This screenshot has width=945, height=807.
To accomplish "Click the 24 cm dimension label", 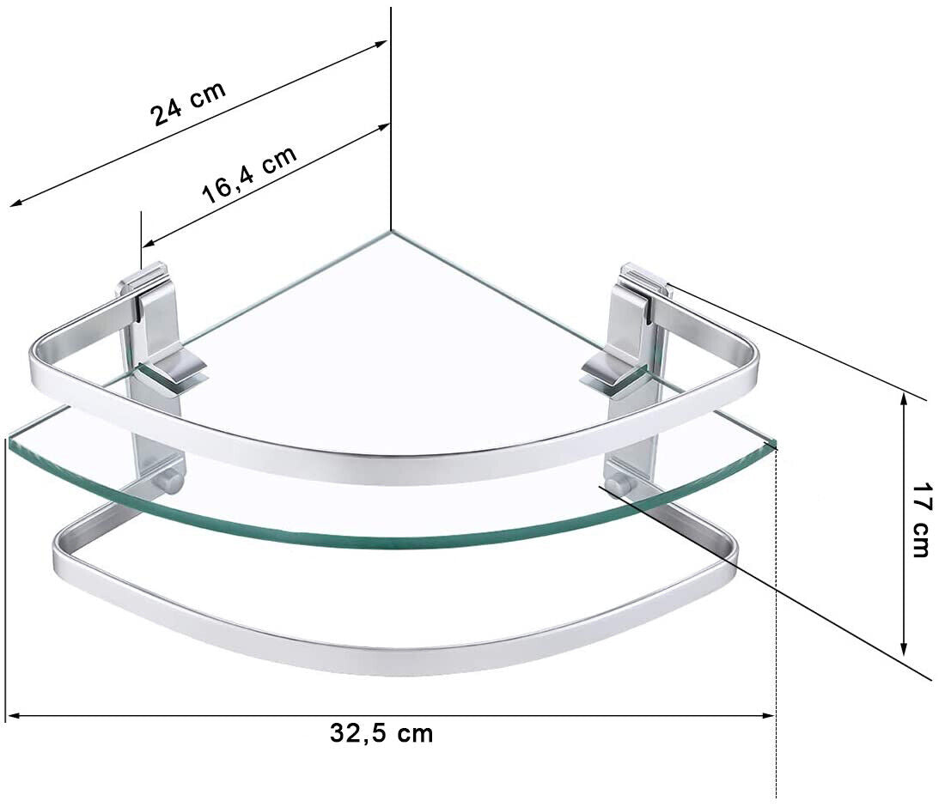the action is coord(189,103).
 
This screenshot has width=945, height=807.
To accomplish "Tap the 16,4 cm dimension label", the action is coord(249,174).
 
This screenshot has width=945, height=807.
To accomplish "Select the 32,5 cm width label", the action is coord(381,733).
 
